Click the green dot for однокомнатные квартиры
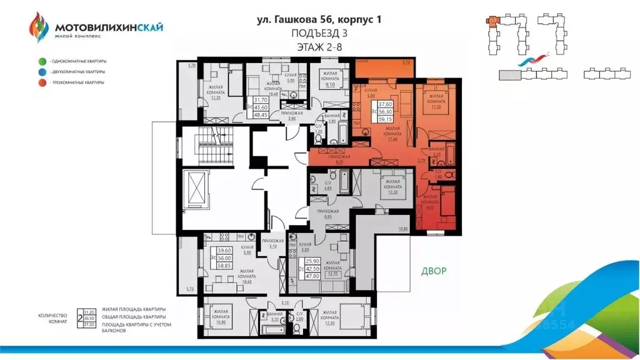42,61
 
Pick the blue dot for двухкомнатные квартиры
42,72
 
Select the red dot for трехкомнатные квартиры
42,82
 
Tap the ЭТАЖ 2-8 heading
319,46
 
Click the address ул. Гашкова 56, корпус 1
319,19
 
